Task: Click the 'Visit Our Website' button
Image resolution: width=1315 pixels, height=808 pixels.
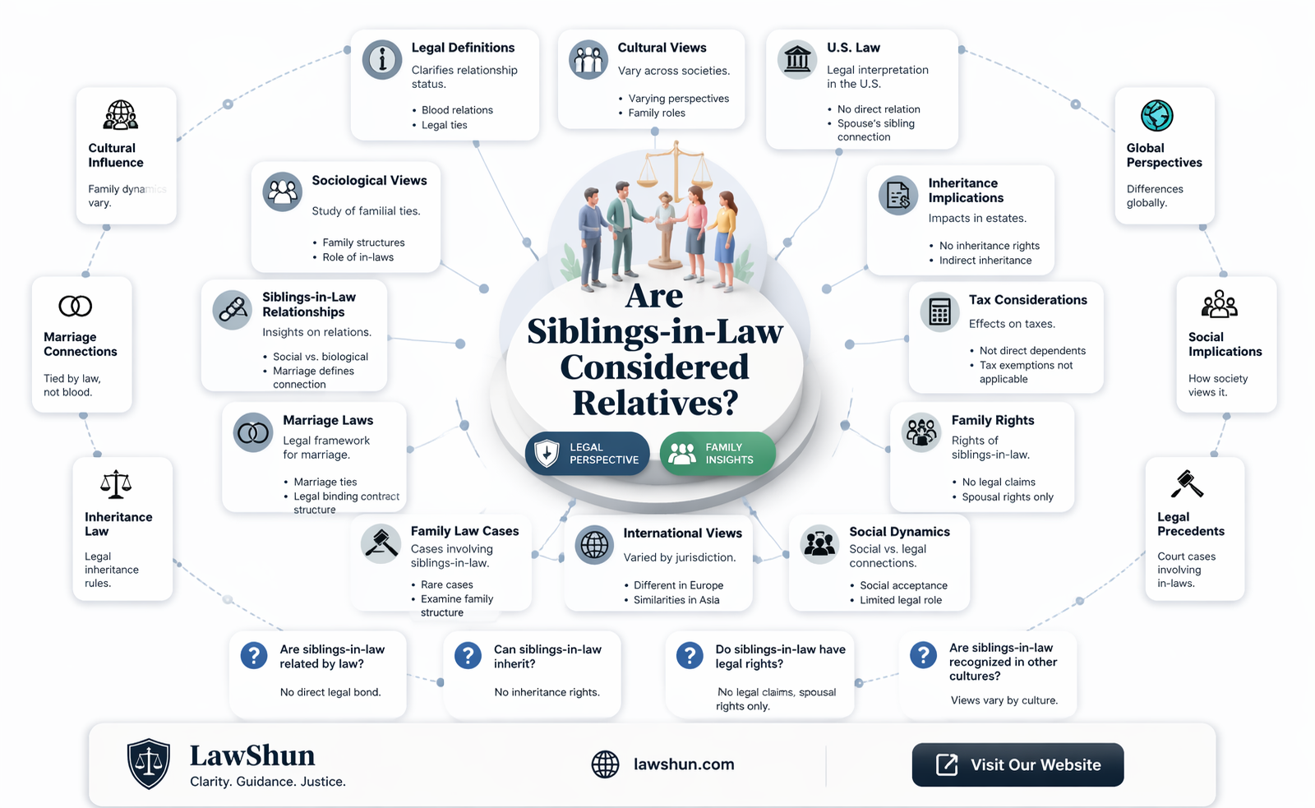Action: coord(1017,764)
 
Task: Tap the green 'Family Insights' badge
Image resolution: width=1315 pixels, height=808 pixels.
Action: coord(717,454)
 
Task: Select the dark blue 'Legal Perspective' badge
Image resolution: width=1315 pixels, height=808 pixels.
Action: coord(587,454)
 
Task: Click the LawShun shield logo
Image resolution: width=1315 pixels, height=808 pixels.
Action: coord(149,764)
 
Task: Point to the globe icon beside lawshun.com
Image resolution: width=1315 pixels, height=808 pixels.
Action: coord(605,764)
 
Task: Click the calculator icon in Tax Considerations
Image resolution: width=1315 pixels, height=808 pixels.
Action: coord(939,312)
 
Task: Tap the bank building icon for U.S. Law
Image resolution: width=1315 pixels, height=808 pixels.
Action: coord(796,59)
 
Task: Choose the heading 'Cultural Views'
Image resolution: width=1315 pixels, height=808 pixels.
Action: coord(662,48)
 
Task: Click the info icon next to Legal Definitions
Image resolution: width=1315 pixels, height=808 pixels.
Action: coord(381,59)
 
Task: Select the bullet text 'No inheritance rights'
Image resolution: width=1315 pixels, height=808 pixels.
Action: coord(990,246)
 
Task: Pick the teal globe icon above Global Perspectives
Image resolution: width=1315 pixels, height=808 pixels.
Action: coord(1156,115)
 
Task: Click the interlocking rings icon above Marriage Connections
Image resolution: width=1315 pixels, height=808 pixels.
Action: coord(75,306)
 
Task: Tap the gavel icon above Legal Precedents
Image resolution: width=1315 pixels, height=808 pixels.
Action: coord(1187,484)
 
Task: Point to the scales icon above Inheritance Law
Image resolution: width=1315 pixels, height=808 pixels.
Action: coord(116,484)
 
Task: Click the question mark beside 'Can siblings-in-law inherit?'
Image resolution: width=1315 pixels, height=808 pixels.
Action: coord(468,655)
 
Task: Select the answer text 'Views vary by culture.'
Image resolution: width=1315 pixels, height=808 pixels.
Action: coord(1004,700)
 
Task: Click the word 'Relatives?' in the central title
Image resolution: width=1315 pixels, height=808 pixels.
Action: coord(654,403)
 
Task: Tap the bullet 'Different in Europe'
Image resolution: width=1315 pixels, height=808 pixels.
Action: coord(678,585)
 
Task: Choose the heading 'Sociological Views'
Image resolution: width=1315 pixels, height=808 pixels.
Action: coord(369,180)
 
